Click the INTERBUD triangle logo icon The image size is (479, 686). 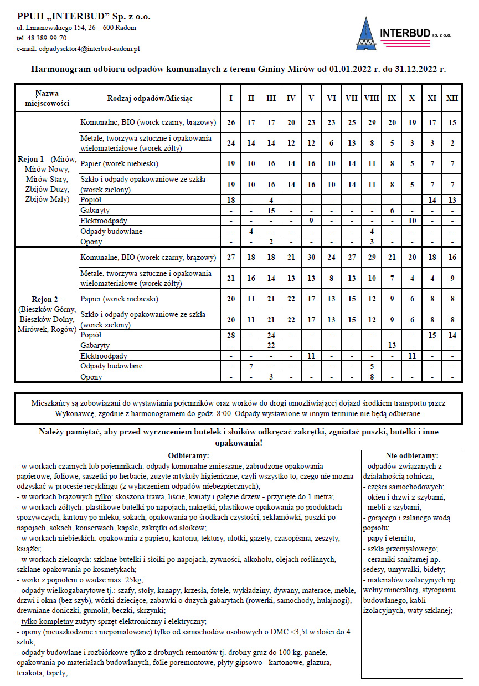point(365,34)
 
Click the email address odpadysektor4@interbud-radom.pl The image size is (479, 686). point(89,49)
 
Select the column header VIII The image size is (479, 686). point(372,98)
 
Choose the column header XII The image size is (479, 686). point(452,98)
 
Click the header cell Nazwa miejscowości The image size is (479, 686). point(47,98)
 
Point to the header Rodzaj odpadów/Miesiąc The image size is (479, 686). point(150,98)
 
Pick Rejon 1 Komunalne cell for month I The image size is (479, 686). point(231,122)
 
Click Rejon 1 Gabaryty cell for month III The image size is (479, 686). point(271,211)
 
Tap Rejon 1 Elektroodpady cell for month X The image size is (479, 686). point(411,221)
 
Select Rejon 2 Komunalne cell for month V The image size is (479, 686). point(311,257)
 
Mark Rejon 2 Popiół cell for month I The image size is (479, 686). point(231,335)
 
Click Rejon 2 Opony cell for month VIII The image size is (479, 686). point(372,377)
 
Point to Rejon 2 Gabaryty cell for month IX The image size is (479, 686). point(392,345)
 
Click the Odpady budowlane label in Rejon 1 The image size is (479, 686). point(111,231)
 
